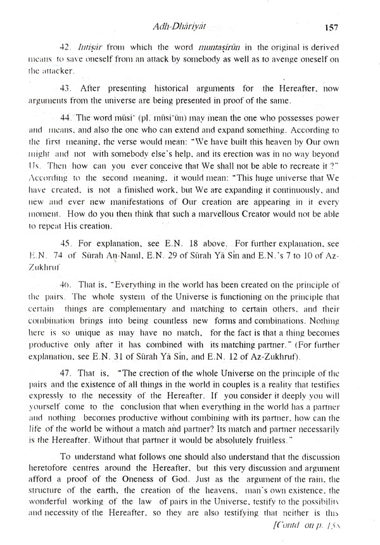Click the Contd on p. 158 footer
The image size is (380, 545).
click(x=330, y=537)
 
